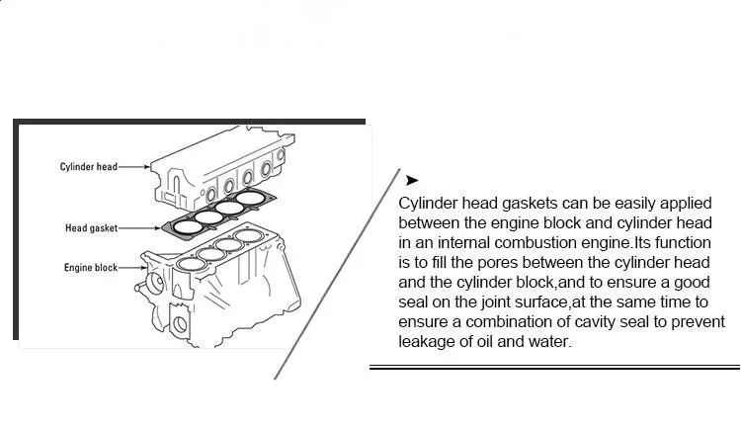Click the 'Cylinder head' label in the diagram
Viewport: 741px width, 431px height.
[89, 167]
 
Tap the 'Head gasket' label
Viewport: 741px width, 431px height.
[92, 228]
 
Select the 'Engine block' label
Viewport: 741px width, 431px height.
[92, 268]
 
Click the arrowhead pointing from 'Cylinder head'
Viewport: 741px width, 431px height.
[148, 167]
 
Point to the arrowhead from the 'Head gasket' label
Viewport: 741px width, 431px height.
[158, 228]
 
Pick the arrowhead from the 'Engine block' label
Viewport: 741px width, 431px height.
[148, 268]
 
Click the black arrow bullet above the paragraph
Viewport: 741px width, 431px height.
[412, 180]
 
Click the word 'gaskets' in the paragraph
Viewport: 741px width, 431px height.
[523, 204]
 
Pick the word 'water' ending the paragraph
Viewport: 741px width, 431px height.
[549, 342]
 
